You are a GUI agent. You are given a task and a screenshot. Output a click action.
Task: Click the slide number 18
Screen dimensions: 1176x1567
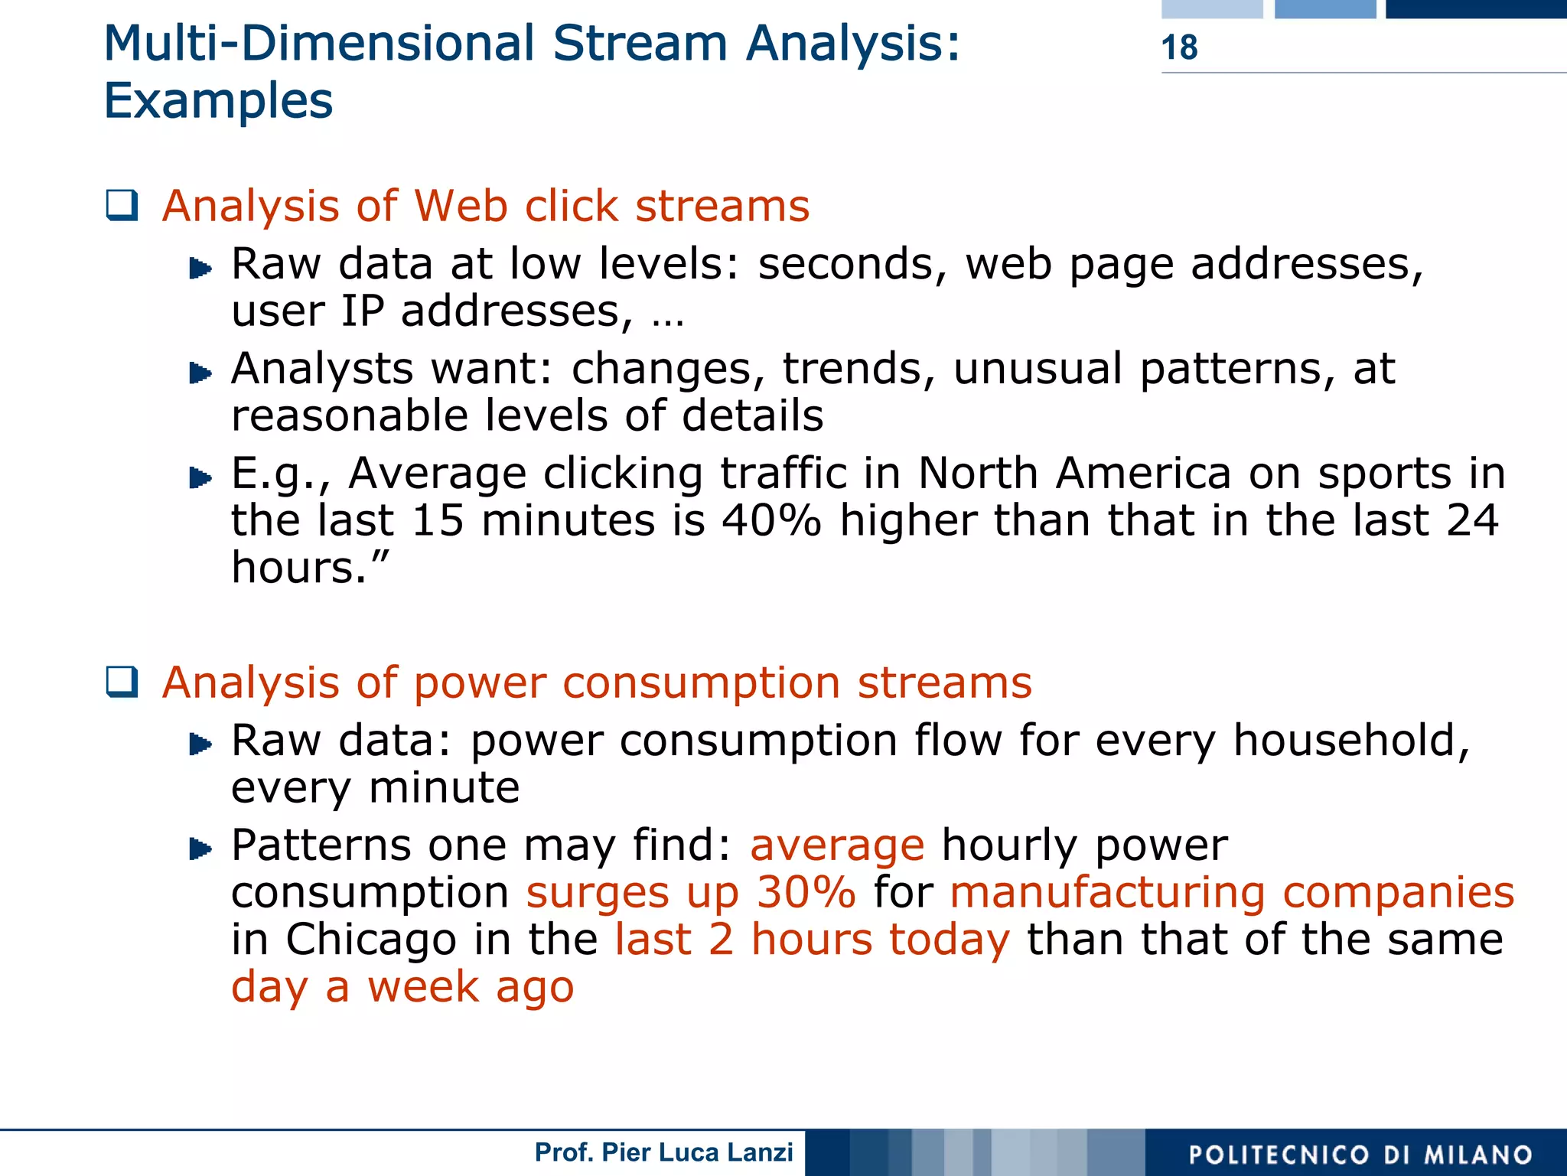(1179, 47)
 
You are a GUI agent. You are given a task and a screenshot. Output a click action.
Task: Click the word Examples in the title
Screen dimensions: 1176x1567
(218, 101)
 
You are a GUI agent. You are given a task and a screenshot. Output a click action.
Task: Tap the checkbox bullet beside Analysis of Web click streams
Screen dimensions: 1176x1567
(122, 205)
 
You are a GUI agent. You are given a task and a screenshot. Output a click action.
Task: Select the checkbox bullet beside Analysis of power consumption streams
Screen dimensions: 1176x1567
(122, 682)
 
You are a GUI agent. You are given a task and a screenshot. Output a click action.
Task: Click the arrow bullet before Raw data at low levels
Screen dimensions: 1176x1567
(200, 269)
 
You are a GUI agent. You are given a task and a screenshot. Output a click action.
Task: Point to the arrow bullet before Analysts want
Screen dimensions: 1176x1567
(200, 373)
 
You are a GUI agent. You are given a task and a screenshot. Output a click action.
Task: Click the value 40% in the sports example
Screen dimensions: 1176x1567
(771, 521)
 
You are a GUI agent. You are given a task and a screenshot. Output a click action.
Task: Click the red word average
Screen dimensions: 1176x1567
(837, 845)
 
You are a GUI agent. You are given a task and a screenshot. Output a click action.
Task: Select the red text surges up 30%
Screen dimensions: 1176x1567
(690, 893)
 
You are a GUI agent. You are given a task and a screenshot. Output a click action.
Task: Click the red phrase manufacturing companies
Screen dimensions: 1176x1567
(1231, 893)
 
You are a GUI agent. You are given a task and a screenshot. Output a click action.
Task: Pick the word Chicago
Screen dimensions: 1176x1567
(370, 940)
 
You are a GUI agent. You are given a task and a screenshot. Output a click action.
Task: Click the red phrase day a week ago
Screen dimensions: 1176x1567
(402, 987)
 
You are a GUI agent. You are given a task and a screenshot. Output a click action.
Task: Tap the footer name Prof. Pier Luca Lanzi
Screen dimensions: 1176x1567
(663, 1152)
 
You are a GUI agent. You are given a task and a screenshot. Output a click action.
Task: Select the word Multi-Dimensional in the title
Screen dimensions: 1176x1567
(319, 44)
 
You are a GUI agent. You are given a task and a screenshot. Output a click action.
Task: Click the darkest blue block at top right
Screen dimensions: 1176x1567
(1475, 8)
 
